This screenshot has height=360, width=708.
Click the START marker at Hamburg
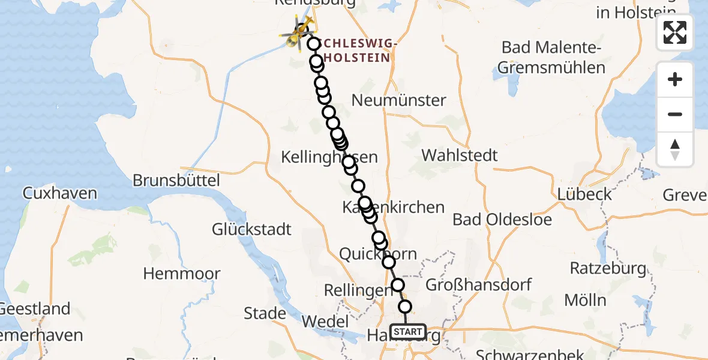(408, 331)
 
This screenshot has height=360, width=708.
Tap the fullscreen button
(675, 32)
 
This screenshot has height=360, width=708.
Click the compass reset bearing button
(675, 149)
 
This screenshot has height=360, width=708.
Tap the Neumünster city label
(398, 100)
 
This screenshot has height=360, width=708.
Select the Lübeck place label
(584, 194)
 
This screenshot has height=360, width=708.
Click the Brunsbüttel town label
(176, 180)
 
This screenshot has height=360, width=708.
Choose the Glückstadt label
(251, 229)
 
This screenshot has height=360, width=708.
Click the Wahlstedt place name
(460, 155)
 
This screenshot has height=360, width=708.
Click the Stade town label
(265, 313)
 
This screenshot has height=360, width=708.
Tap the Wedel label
(325, 322)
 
